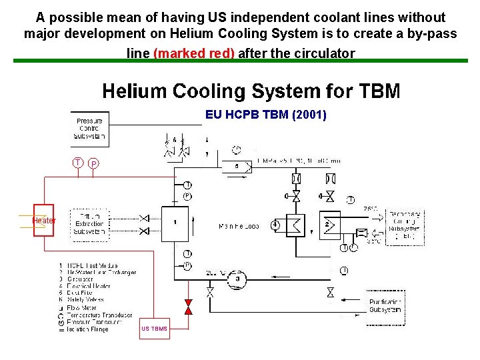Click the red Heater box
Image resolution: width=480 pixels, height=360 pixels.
click(45, 220)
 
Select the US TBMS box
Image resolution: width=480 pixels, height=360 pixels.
click(155, 328)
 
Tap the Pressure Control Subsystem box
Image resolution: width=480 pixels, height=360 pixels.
click(89, 128)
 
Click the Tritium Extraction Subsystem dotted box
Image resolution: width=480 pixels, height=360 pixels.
click(89, 224)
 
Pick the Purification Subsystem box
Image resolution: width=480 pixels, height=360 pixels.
click(385, 307)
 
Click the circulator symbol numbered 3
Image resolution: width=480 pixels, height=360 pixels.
click(238, 280)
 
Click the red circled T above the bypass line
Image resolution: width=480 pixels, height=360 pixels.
click(78, 163)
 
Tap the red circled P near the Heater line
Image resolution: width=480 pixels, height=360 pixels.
click(94, 164)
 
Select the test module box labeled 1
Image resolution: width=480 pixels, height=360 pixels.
click(175, 223)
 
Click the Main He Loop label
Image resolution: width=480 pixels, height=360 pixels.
click(238, 227)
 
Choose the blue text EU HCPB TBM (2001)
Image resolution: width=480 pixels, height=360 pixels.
click(266, 115)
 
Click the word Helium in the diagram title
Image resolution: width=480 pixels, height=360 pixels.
click(137, 91)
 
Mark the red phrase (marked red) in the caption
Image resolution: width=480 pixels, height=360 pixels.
click(193, 53)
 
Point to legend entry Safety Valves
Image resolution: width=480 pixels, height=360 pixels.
click(89, 300)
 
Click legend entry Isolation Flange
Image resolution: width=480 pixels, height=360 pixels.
click(87, 329)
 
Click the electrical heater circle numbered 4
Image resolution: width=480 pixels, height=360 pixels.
click(275, 225)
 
